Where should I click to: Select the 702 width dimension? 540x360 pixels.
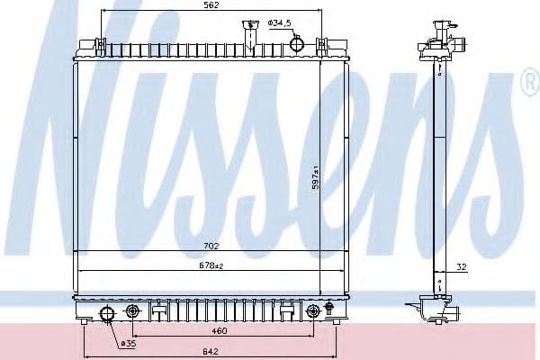(x=211, y=245)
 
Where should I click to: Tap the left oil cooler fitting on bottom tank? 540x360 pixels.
(x=134, y=311)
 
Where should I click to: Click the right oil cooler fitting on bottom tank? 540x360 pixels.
(x=312, y=311)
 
